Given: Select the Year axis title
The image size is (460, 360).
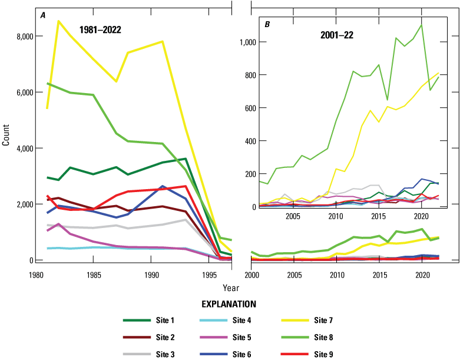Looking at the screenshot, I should tap(231, 288).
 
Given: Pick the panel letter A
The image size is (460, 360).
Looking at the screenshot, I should tap(43, 15).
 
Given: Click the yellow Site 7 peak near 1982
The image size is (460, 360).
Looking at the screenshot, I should tap(58, 21).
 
